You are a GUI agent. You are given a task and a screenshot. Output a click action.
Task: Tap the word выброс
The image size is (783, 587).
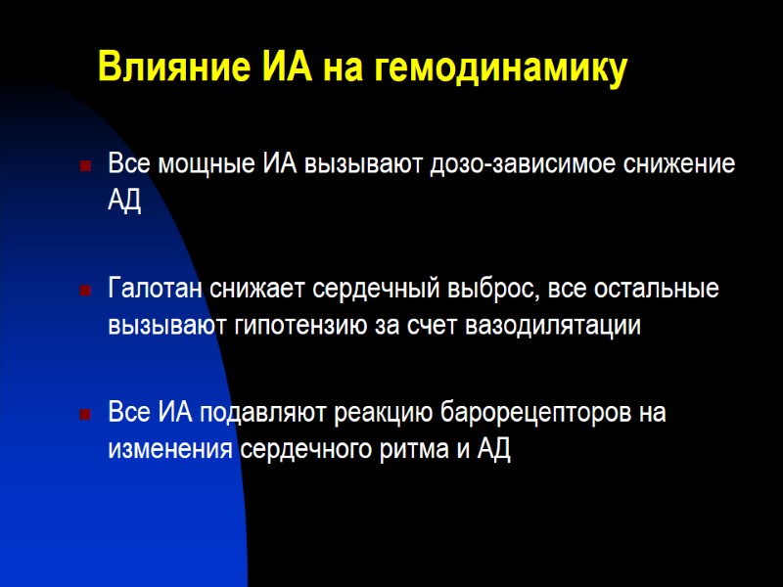482,291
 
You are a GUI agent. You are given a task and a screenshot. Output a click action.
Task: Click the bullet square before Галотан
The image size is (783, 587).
85,291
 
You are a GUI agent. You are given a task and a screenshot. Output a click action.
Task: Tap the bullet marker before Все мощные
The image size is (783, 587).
85,163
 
